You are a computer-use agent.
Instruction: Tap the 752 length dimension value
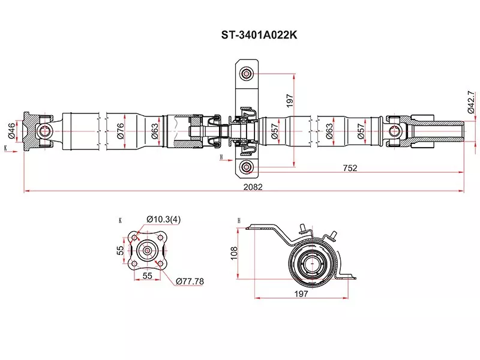(350, 168)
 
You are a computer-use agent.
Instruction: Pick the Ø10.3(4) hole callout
(163, 220)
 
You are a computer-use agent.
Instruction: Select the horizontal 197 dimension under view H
(301, 293)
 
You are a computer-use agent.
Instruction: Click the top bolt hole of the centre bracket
(246, 74)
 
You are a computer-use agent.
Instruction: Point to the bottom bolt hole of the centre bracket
(246, 167)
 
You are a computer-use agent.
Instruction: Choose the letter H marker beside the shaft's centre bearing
(221, 157)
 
